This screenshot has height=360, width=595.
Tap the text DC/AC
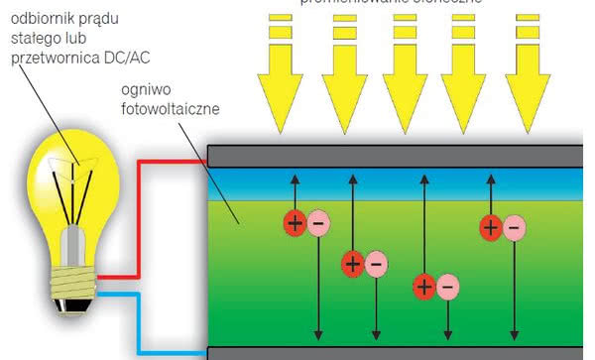[125, 57]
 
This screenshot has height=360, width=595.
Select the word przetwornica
[56, 58]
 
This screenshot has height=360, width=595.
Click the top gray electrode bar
[397, 155]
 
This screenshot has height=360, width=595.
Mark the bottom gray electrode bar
[397, 353]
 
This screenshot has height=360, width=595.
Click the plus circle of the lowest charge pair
[423, 289]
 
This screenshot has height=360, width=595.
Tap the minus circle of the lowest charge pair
[447, 289]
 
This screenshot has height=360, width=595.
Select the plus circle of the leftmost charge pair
[295, 222]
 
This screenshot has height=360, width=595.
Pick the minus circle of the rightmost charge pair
[513, 229]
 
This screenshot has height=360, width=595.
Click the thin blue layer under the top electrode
[397, 177]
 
